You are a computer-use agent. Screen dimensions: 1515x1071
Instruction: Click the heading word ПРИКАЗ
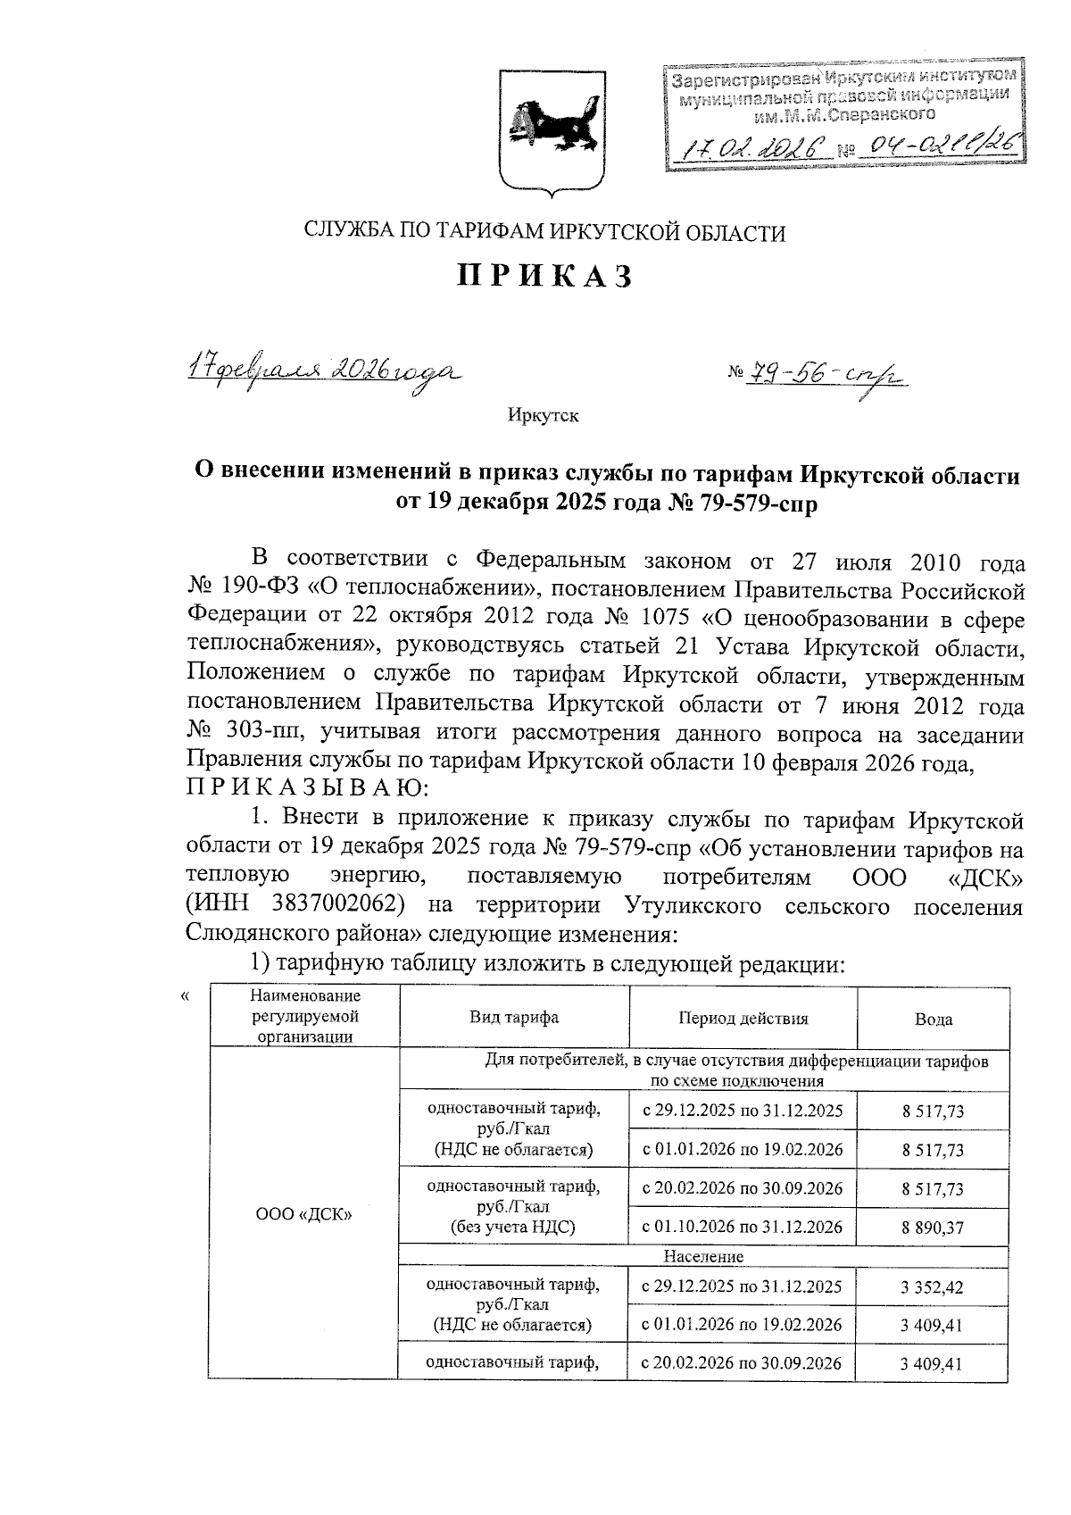[545, 278]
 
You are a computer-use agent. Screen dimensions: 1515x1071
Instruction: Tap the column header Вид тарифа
[514, 1018]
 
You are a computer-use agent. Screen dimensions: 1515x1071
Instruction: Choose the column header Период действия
[743, 1018]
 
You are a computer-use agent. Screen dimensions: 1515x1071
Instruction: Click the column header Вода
[933, 1020]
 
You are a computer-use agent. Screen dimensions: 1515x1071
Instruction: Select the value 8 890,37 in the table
[933, 1228]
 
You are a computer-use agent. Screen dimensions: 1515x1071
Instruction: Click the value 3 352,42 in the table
[933, 1287]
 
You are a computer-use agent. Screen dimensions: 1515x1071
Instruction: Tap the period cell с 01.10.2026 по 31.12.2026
[743, 1227]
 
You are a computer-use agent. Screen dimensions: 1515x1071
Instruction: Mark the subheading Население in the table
[703, 1256]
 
